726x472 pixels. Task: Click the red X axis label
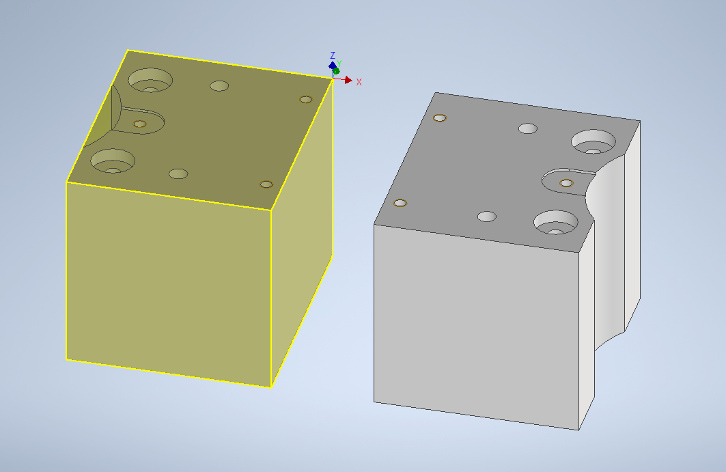coord(359,82)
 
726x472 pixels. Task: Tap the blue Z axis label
coord(333,55)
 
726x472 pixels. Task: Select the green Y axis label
coord(339,64)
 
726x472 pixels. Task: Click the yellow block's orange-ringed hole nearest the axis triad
coord(305,100)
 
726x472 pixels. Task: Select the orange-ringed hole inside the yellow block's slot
coord(139,124)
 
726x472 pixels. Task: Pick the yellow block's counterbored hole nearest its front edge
coord(112,161)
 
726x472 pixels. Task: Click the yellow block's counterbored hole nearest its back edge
coord(150,81)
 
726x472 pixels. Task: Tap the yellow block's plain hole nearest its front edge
coord(178,173)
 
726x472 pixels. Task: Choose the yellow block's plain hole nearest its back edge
coord(219,86)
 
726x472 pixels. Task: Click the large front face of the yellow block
coord(168,280)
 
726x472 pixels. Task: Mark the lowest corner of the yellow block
coord(271,387)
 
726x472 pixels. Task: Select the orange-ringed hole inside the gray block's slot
coord(566,183)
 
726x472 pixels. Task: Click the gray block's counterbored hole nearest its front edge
coord(556,222)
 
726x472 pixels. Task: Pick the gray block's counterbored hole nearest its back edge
coord(594,142)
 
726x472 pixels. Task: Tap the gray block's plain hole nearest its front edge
coord(487,217)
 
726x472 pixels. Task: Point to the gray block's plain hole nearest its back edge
coord(528,128)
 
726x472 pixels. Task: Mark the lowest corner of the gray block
coord(579,430)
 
